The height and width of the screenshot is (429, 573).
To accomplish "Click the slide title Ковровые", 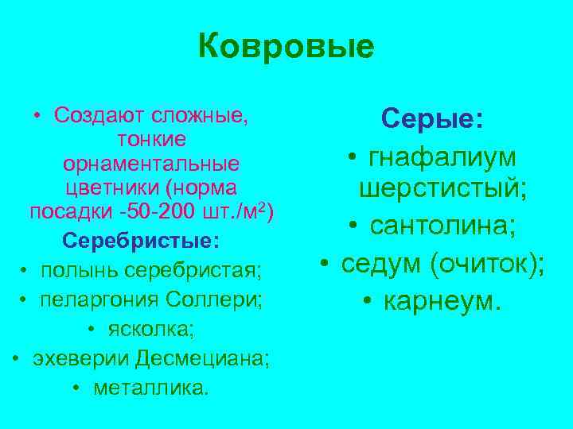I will pos(286,47).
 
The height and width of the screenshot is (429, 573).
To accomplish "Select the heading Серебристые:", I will pos(142,239).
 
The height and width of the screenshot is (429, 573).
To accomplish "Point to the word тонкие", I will pos(151,140).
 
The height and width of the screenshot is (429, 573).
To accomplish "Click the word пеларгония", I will pos(95,300).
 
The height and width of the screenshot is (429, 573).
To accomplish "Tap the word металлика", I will pos(151,387).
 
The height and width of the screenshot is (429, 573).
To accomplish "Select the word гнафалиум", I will pos(442,157).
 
